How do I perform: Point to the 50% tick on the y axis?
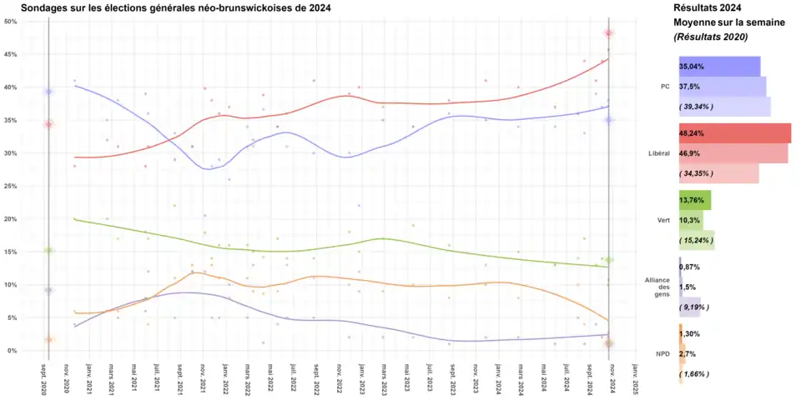pos(12,22)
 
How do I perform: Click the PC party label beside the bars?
pos(665,86)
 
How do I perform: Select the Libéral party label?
pos(659,153)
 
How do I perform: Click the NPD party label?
pos(663,354)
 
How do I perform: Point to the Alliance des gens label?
pos(658,287)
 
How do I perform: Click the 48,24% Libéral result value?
pos(693,132)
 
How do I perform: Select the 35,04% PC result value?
pos(692,66)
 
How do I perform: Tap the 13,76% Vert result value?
pos(692,200)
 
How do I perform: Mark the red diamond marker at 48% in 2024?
pos(609,33)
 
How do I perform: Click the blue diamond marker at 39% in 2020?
pos(48,92)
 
